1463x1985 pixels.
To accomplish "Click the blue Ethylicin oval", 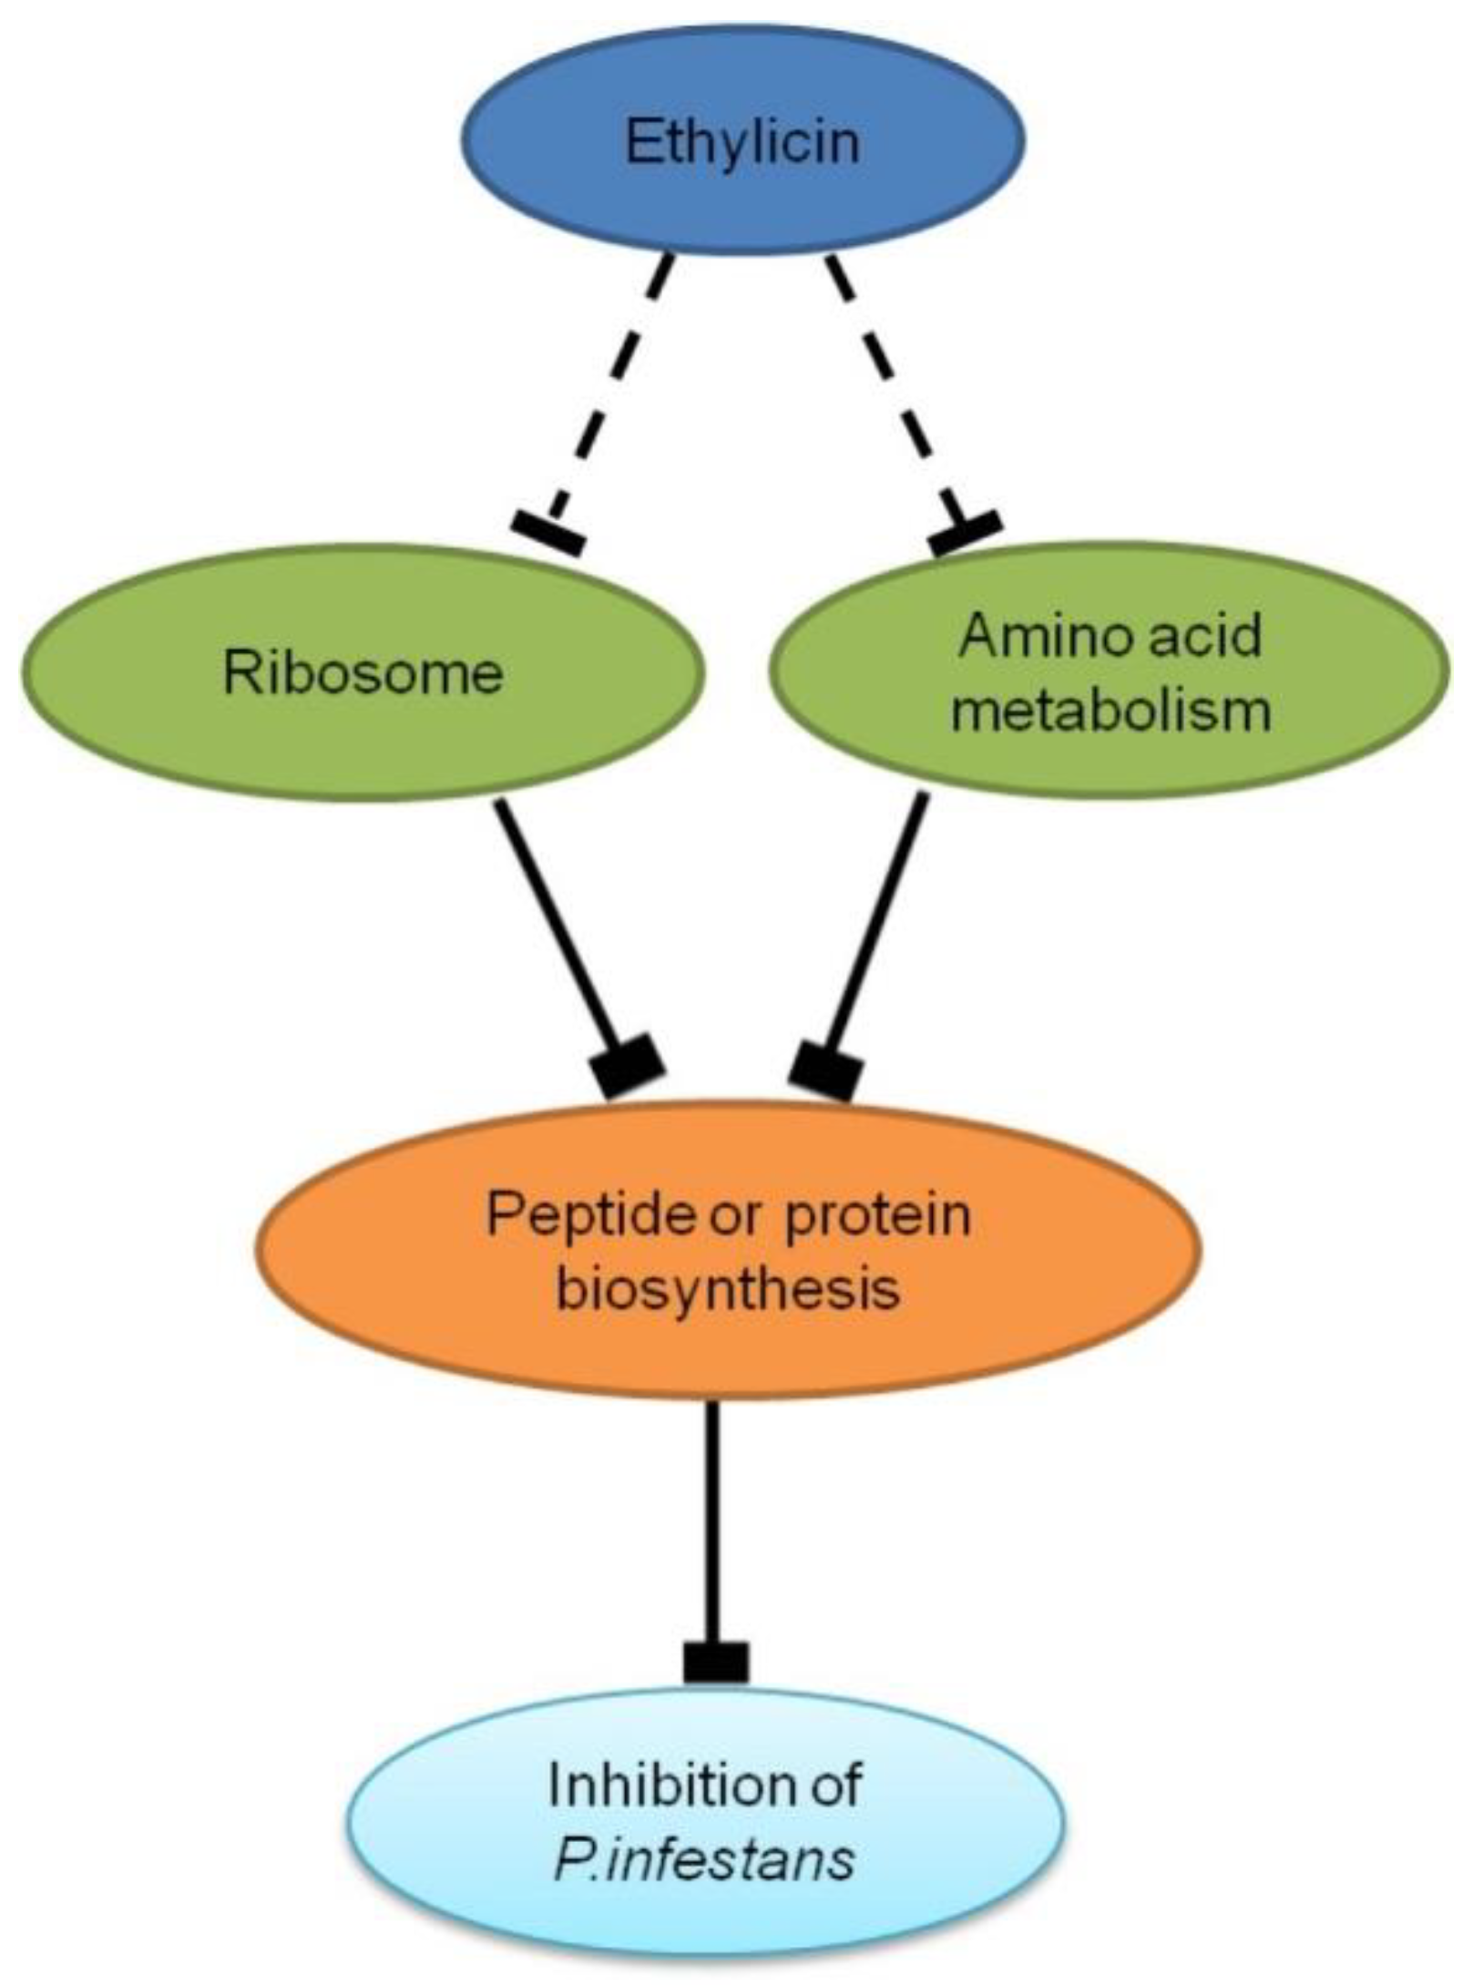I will pyautogui.click(x=742, y=141).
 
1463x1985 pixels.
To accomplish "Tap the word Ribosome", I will pyautogui.click(x=363, y=674).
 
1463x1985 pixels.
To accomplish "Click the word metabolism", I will pyautogui.click(x=1110, y=710).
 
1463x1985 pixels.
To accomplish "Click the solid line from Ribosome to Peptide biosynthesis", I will pyautogui.click(x=556, y=920).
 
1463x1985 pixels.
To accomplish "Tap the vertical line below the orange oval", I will pyautogui.click(x=711, y=1512).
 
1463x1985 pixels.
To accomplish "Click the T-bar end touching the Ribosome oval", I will pyautogui.click(x=547, y=532).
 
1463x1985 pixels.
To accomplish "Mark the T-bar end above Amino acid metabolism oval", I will pyautogui.click(x=965, y=532).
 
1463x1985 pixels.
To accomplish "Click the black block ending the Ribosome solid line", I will pyautogui.click(x=629, y=1066).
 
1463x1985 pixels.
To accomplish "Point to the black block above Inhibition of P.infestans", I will pyautogui.click(x=716, y=1663).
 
